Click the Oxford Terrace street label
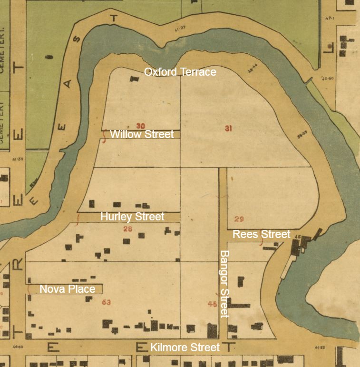click(180, 72)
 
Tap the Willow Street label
click(142, 134)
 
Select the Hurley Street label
click(132, 217)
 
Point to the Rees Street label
click(261, 234)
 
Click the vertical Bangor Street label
click(224, 284)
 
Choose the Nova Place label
click(67, 289)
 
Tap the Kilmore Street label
click(185, 347)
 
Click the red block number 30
click(140, 126)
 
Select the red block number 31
click(228, 128)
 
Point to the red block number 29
click(239, 219)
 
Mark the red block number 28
click(127, 229)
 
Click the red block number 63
click(106, 302)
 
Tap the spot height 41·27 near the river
click(180, 29)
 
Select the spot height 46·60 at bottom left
click(19, 347)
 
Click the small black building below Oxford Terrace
click(132, 79)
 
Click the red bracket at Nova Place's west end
click(29, 289)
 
